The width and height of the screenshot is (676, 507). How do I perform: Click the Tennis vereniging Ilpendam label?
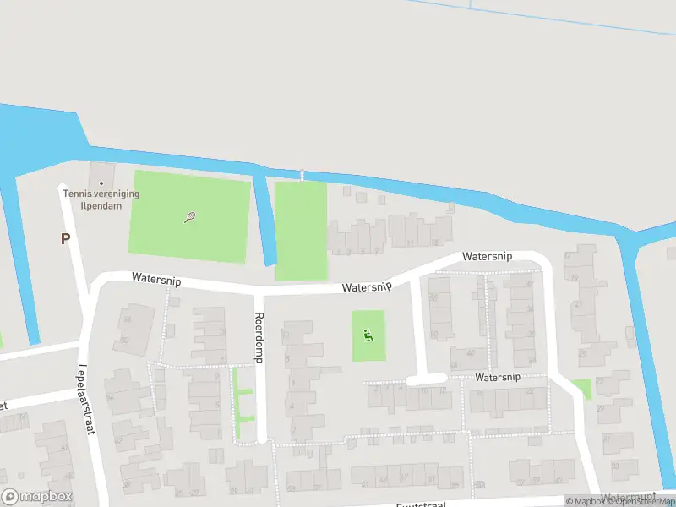101,199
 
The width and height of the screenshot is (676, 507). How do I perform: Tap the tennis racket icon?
190,217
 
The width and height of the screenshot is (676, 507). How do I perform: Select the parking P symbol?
65,239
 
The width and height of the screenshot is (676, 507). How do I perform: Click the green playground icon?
368,335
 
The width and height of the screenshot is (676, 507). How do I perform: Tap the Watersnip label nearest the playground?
367,287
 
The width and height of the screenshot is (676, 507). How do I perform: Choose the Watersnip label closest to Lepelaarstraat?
155,278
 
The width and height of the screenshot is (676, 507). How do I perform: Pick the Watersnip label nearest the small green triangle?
498,377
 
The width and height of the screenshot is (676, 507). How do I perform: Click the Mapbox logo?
35,497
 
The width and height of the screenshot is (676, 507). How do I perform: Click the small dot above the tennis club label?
101,183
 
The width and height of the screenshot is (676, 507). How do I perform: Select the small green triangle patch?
582,388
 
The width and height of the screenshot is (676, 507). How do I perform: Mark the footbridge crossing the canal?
302,175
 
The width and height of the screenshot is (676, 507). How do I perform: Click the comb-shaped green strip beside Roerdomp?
243,404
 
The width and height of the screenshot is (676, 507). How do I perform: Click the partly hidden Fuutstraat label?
422,504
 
